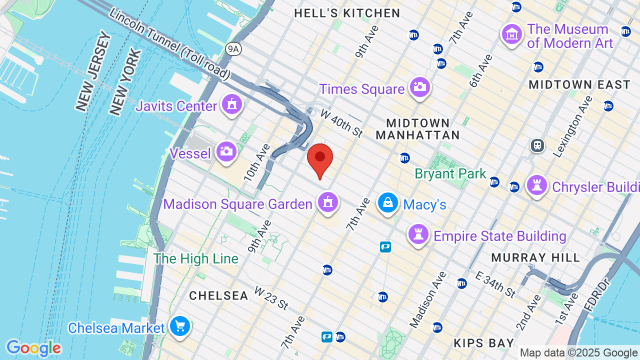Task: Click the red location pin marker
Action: pyautogui.click(x=320, y=159)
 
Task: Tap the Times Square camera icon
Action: pyautogui.click(x=419, y=87)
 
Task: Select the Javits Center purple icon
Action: pyautogui.click(x=231, y=105)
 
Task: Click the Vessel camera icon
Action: pyautogui.click(x=226, y=151)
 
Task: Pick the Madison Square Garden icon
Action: pyautogui.click(x=327, y=202)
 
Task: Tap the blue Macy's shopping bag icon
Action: pyautogui.click(x=387, y=202)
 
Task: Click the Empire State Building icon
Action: pyautogui.click(x=418, y=234)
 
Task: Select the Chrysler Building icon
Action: pyautogui.click(x=537, y=185)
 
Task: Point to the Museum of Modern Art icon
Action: pyautogui.click(x=512, y=35)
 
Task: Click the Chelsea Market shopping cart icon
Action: pyautogui.click(x=179, y=326)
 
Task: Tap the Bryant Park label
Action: pyautogui.click(x=450, y=173)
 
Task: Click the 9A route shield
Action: pyautogui.click(x=233, y=48)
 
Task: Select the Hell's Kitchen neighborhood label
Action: pyautogui.click(x=347, y=13)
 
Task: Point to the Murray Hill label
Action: pyautogui.click(x=535, y=257)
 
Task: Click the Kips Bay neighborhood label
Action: pyautogui.click(x=484, y=343)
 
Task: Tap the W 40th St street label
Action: pyautogui.click(x=341, y=122)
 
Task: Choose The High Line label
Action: pyautogui.click(x=195, y=258)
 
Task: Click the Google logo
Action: pyautogui.click(x=33, y=348)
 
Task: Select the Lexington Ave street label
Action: pyautogui.click(x=572, y=126)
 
